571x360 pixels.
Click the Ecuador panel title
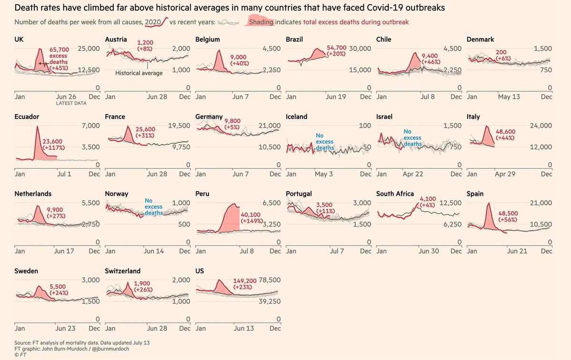[27, 117]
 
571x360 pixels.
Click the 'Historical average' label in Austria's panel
[139, 73]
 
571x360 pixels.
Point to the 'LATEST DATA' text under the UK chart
[71, 103]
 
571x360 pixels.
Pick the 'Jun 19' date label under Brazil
[336, 97]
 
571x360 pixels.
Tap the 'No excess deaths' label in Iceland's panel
[325, 142]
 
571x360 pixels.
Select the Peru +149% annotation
[253, 221]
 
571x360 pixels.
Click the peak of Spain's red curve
[488, 204]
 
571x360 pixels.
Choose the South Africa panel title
[395, 194]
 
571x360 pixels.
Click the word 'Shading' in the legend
[262, 22]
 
